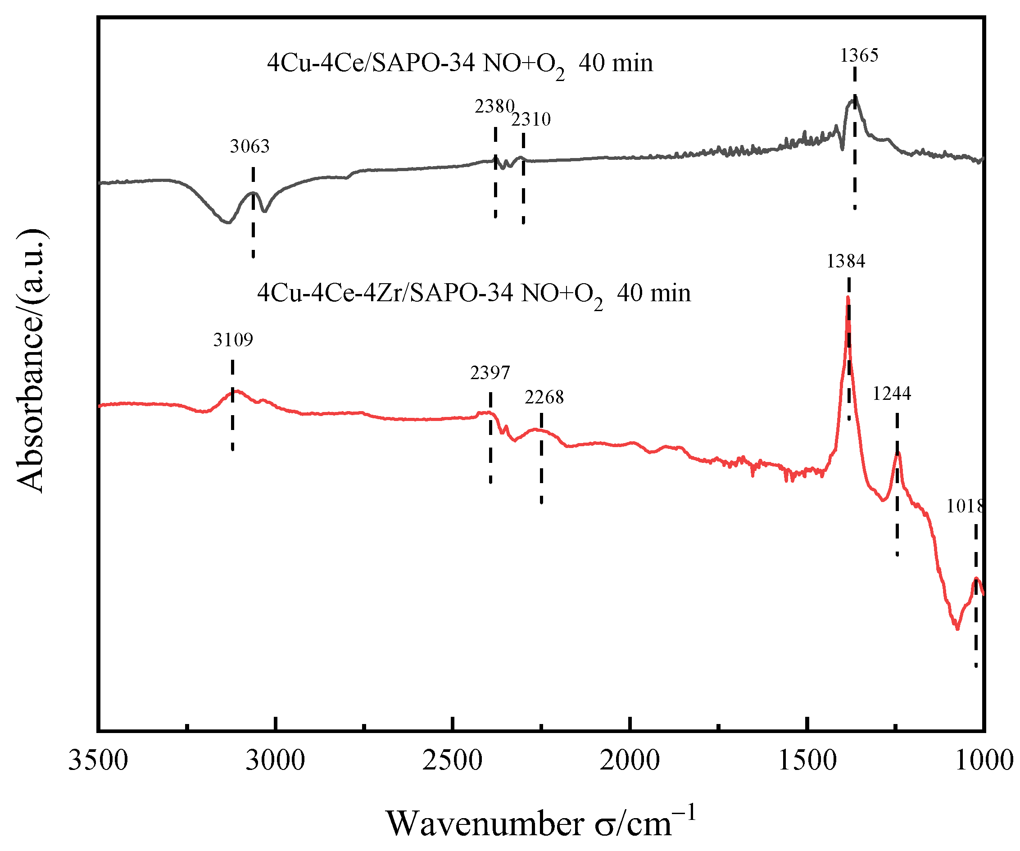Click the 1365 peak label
click(x=859, y=55)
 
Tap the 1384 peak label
click(x=846, y=261)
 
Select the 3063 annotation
click(x=249, y=146)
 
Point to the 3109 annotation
click(x=233, y=340)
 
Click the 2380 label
click(x=494, y=106)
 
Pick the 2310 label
click(x=531, y=119)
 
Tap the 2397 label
click(x=490, y=373)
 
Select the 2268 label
click(x=544, y=397)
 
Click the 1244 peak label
click(x=891, y=394)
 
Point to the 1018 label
click(x=964, y=507)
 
